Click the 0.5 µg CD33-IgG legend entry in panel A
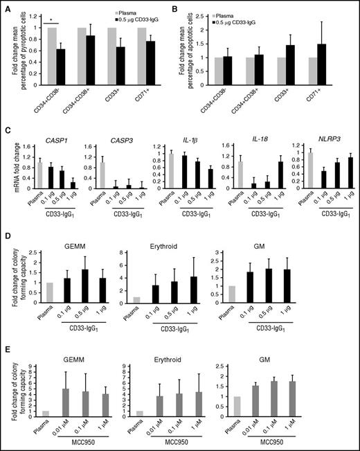click(x=148, y=20)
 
